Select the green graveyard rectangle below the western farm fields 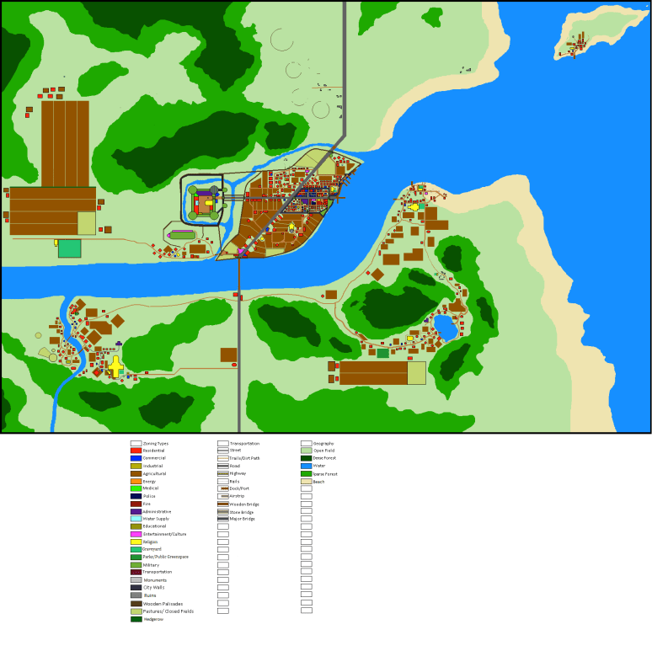coord(69,248)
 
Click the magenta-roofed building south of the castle coord(182,232)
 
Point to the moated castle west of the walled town coord(203,202)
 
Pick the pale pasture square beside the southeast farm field coord(416,373)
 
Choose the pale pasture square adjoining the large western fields coord(87,223)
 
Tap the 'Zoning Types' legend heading coord(154,443)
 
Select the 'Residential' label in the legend coord(153,451)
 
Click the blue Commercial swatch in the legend coord(136,458)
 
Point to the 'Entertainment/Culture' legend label coord(164,534)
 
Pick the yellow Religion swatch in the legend coord(136,542)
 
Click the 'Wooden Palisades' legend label coord(163,603)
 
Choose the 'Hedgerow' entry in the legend coord(152,619)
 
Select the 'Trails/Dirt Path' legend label coord(243,458)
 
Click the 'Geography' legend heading coord(323,443)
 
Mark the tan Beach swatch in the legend coord(306,481)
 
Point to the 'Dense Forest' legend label coord(324,458)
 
